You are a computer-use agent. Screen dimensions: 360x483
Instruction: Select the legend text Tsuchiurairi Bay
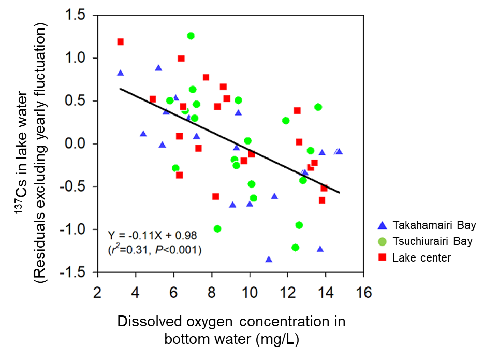click(x=432, y=241)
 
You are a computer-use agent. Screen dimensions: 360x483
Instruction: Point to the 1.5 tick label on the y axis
click(x=78, y=16)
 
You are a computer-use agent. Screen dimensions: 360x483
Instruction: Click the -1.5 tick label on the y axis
click(x=76, y=272)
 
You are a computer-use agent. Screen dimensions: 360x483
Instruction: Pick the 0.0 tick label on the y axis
click(x=78, y=144)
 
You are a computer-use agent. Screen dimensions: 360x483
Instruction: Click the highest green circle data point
click(x=191, y=36)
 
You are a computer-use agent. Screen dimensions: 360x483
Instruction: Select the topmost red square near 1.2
click(x=120, y=42)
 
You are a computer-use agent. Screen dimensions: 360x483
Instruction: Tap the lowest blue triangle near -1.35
click(x=269, y=260)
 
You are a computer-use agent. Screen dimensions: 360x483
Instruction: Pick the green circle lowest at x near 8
click(x=217, y=228)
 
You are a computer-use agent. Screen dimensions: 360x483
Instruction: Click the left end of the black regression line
click(x=121, y=89)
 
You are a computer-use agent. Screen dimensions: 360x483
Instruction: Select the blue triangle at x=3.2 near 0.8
click(x=120, y=73)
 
